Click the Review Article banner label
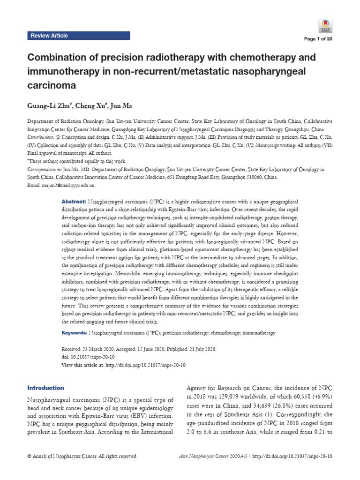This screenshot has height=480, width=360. point(49,36)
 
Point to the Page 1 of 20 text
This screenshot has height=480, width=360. point(319,39)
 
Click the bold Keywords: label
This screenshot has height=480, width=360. point(75,332)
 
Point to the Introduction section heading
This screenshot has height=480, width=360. point(46,388)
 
